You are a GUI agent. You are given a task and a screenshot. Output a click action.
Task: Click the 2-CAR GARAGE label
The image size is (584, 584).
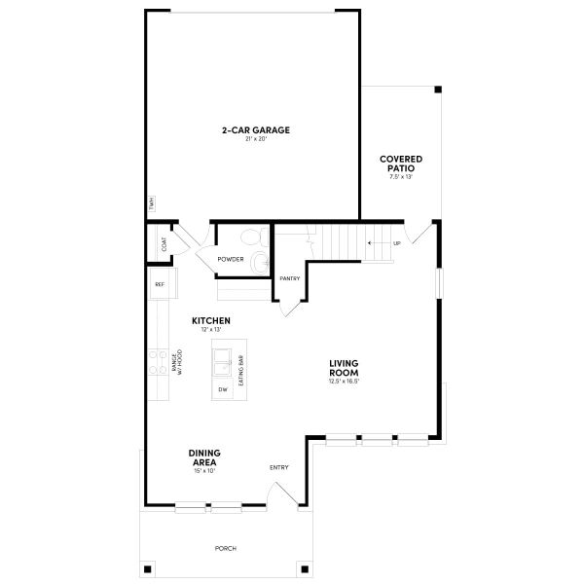pyautogui.click(x=255, y=129)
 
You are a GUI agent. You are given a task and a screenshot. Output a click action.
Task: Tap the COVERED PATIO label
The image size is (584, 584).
pyautogui.click(x=401, y=163)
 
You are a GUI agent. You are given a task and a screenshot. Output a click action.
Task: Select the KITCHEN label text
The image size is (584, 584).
pyautogui.click(x=210, y=320)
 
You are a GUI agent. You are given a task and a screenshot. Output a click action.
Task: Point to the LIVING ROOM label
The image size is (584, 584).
pyautogui.click(x=345, y=368)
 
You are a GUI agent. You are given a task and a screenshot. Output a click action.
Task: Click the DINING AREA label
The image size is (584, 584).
pyautogui.click(x=204, y=457)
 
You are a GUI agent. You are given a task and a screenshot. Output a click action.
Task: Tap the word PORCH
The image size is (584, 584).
pyautogui.click(x=225, y=549)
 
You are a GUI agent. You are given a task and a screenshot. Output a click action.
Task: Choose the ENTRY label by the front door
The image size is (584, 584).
pyautogui.click(x=279, y=468)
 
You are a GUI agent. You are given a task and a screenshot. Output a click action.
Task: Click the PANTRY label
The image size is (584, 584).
pyautogui.click(x=289, y=278)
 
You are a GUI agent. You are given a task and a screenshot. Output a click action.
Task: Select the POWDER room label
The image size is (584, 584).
pyautogui.click(x=231, y=259)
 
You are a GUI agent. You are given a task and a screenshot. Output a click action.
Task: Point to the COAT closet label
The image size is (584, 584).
pyautogui.click(x=164, y=244)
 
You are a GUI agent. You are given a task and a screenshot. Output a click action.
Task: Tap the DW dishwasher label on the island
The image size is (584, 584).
pyautogui.click(x=223, y=389)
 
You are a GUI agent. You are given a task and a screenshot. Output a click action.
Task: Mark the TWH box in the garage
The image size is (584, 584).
pyautogui.click(x=152, y=204)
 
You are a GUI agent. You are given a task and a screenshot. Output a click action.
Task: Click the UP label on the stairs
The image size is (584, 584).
pyautogui.click(x=396, y=243)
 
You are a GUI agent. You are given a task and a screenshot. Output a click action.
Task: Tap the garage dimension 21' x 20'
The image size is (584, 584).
pyautogui.click(x=255, y=139)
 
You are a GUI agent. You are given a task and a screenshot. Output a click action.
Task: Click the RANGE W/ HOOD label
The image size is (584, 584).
pyautogui.click(x=176, y=363)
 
